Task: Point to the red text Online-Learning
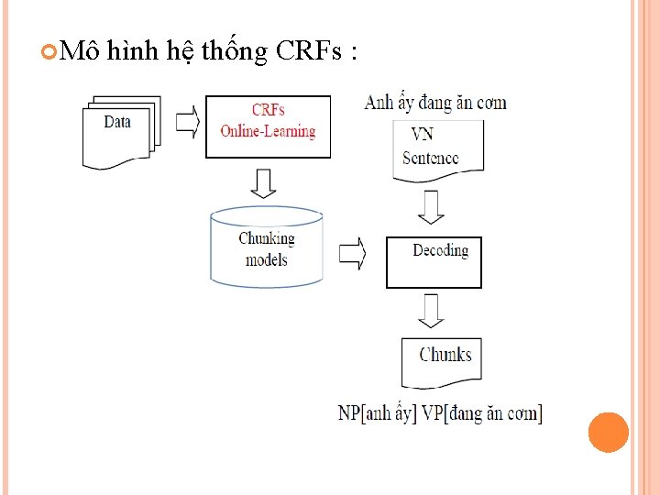pos(268,131)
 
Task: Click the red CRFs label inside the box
pos(268,110)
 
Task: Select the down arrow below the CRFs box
pos(264,182)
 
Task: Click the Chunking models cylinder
pos(267,247)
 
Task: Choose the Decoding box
pos(434,262)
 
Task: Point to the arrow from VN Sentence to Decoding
pos(430,206)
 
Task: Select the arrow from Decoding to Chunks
pos(431,312)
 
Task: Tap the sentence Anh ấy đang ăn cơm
pos(435,103)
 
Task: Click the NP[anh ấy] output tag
pos(377,413)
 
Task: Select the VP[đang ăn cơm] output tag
pos(482,413)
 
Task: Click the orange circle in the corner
pos(608,433)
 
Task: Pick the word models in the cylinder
pos(267,260)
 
